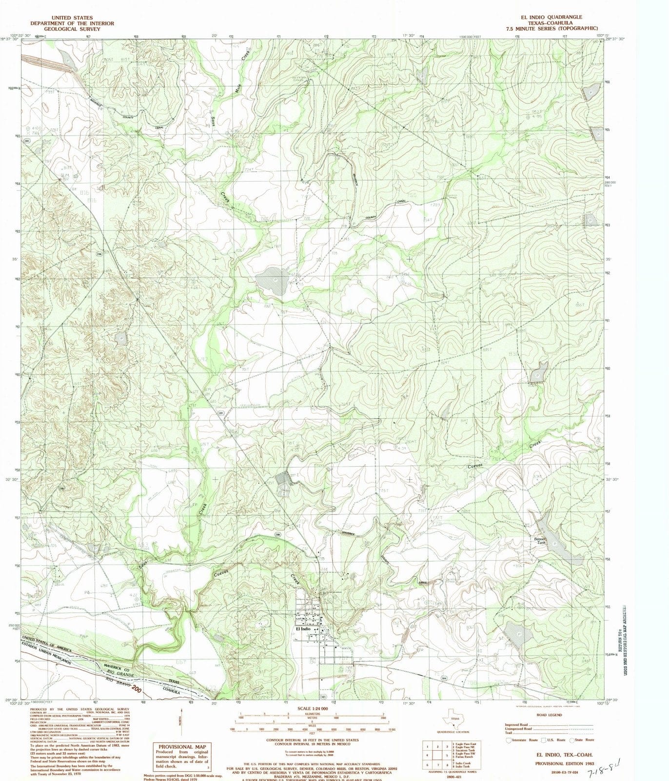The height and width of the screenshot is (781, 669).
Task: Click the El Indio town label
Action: pos(303,629)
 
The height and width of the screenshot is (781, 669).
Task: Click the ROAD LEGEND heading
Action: pos(548,715)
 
